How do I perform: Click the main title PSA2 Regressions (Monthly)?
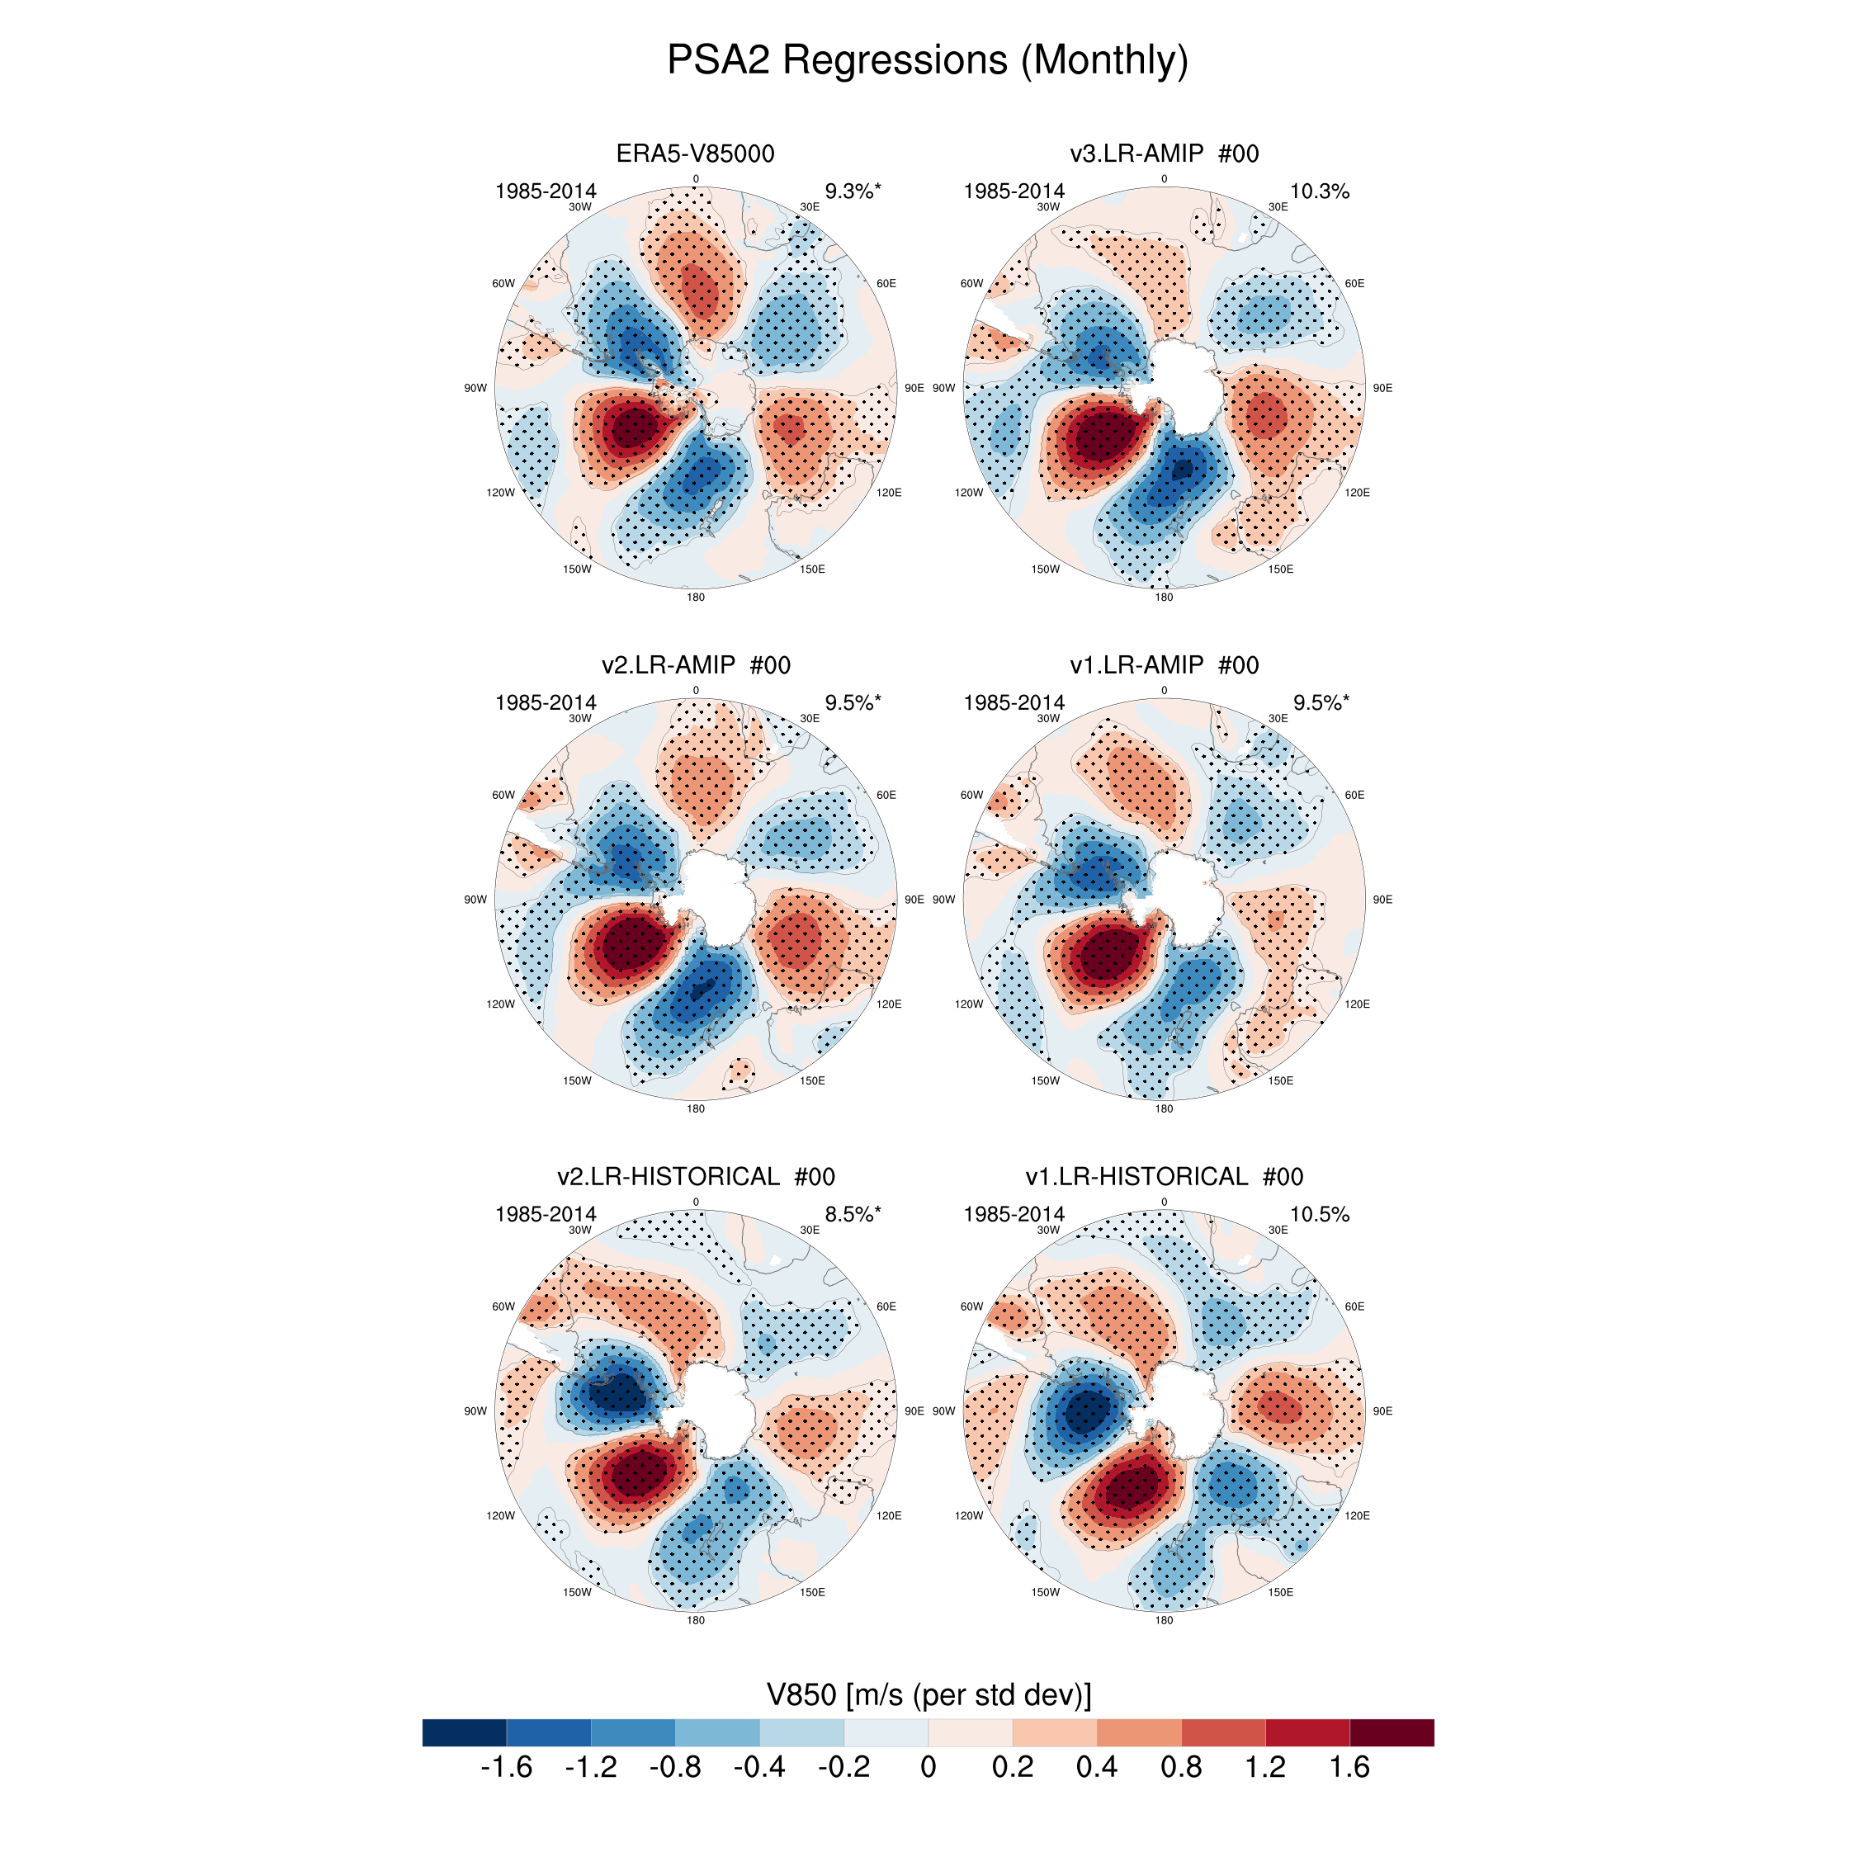[x=928, y=59]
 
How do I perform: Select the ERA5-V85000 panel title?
[x=695, y=154]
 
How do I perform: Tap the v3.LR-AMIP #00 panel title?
[x=1164, y=154]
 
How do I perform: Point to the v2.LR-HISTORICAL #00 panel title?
[x=695, y=1176]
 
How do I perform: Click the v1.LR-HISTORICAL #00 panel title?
[x=1164, y=1176]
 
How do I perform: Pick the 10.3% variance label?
[x=1319, y=191]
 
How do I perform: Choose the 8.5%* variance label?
[x=853, y=1214]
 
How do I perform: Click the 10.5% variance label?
[x=1319, y=1214]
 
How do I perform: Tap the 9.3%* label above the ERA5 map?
[x=853, y=191]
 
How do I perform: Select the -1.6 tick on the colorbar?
[x=507, y=1768]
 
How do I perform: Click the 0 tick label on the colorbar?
[x=928, y=1768]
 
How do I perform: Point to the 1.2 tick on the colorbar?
[x=1265, y=1768]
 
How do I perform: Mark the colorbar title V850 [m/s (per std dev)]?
[x=928, y=1694]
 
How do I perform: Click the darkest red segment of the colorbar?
[x=1392, y=1732]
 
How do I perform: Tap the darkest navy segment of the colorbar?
[x=464, y=1732]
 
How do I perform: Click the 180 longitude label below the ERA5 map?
[x=695, y=597]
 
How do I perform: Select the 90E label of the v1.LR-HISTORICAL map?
[x=1382, y=1411]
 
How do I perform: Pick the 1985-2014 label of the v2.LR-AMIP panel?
[x=545, y=702]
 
